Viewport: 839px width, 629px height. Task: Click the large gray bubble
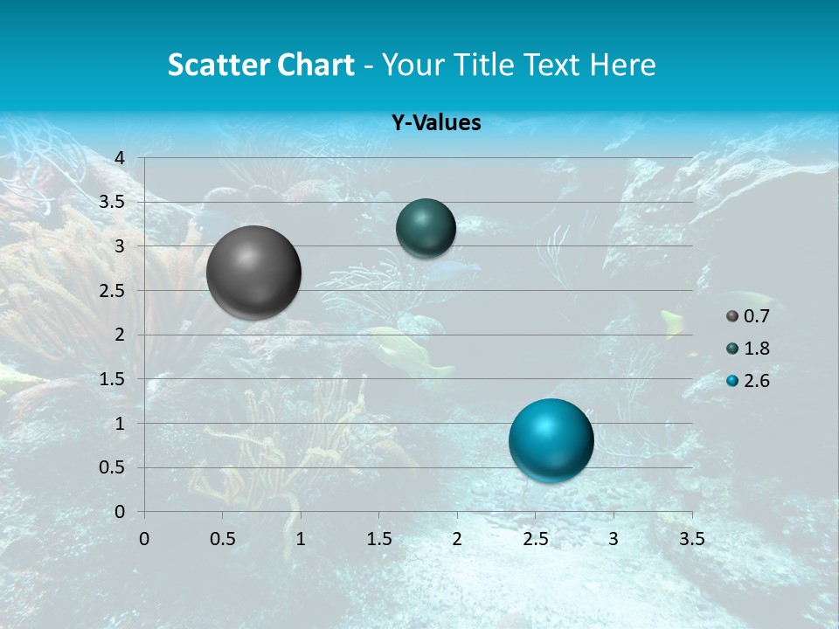pos(254,273)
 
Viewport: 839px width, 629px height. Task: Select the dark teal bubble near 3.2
pos(426,228)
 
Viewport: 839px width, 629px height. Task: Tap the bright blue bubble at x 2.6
pos(551,440)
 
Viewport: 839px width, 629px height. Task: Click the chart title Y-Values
pos(436,123)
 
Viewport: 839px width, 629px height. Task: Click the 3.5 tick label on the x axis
pos(691,539)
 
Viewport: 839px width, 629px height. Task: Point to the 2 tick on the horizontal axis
pos(457,539)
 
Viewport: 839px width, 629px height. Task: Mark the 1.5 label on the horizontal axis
pos(378,539)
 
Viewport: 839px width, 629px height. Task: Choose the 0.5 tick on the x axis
pos(222,539)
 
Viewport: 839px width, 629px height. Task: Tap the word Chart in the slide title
pos(315,65)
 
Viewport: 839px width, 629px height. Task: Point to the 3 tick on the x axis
pos(614,539)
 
